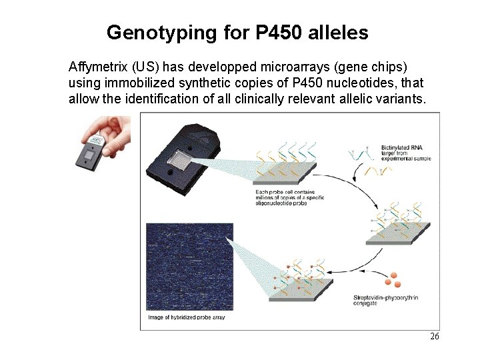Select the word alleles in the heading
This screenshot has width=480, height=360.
338,32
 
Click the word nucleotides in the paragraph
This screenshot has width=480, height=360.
365,83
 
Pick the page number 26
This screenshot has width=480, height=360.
434,337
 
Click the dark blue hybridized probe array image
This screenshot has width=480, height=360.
189,267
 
